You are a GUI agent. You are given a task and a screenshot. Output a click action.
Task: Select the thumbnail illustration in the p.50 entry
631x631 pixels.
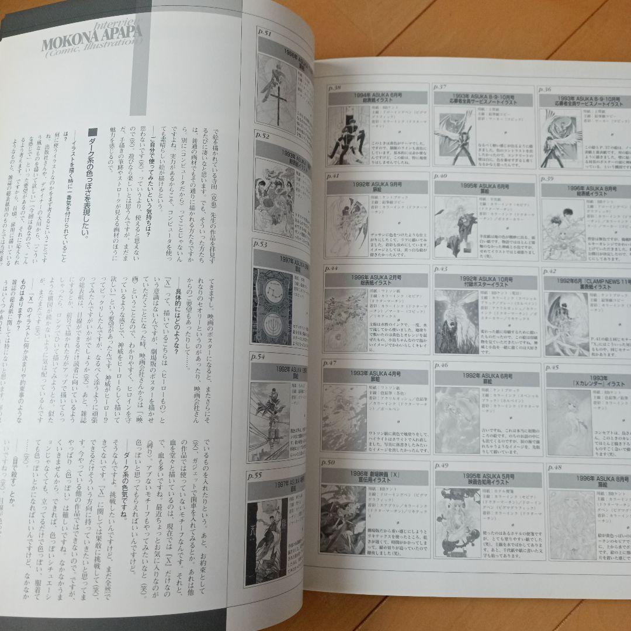[344, 518]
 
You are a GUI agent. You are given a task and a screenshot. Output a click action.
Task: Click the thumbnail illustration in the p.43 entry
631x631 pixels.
[456, 321]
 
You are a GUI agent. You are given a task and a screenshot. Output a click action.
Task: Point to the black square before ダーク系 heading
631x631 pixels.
[92, 132]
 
